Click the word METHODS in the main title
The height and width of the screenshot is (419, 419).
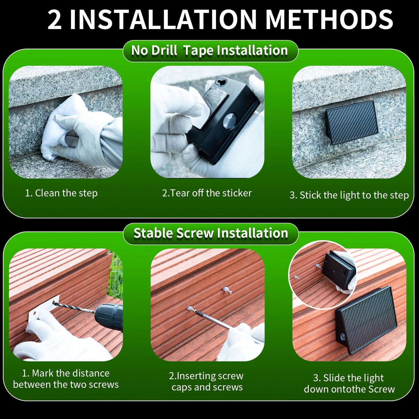point(329,19)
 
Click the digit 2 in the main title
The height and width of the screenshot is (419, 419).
point(55,19)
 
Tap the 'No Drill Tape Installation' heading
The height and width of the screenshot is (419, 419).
point(209,51)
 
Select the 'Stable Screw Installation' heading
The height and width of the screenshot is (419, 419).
point(211,233)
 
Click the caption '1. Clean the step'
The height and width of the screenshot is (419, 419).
point(61,193)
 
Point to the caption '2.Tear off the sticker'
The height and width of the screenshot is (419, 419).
point(207,193)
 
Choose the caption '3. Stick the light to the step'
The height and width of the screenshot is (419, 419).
point(349,195)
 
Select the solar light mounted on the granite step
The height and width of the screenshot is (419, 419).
point(352,122)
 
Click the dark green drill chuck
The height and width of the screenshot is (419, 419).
point(109,314)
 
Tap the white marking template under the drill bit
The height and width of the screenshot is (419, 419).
point(43,309)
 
